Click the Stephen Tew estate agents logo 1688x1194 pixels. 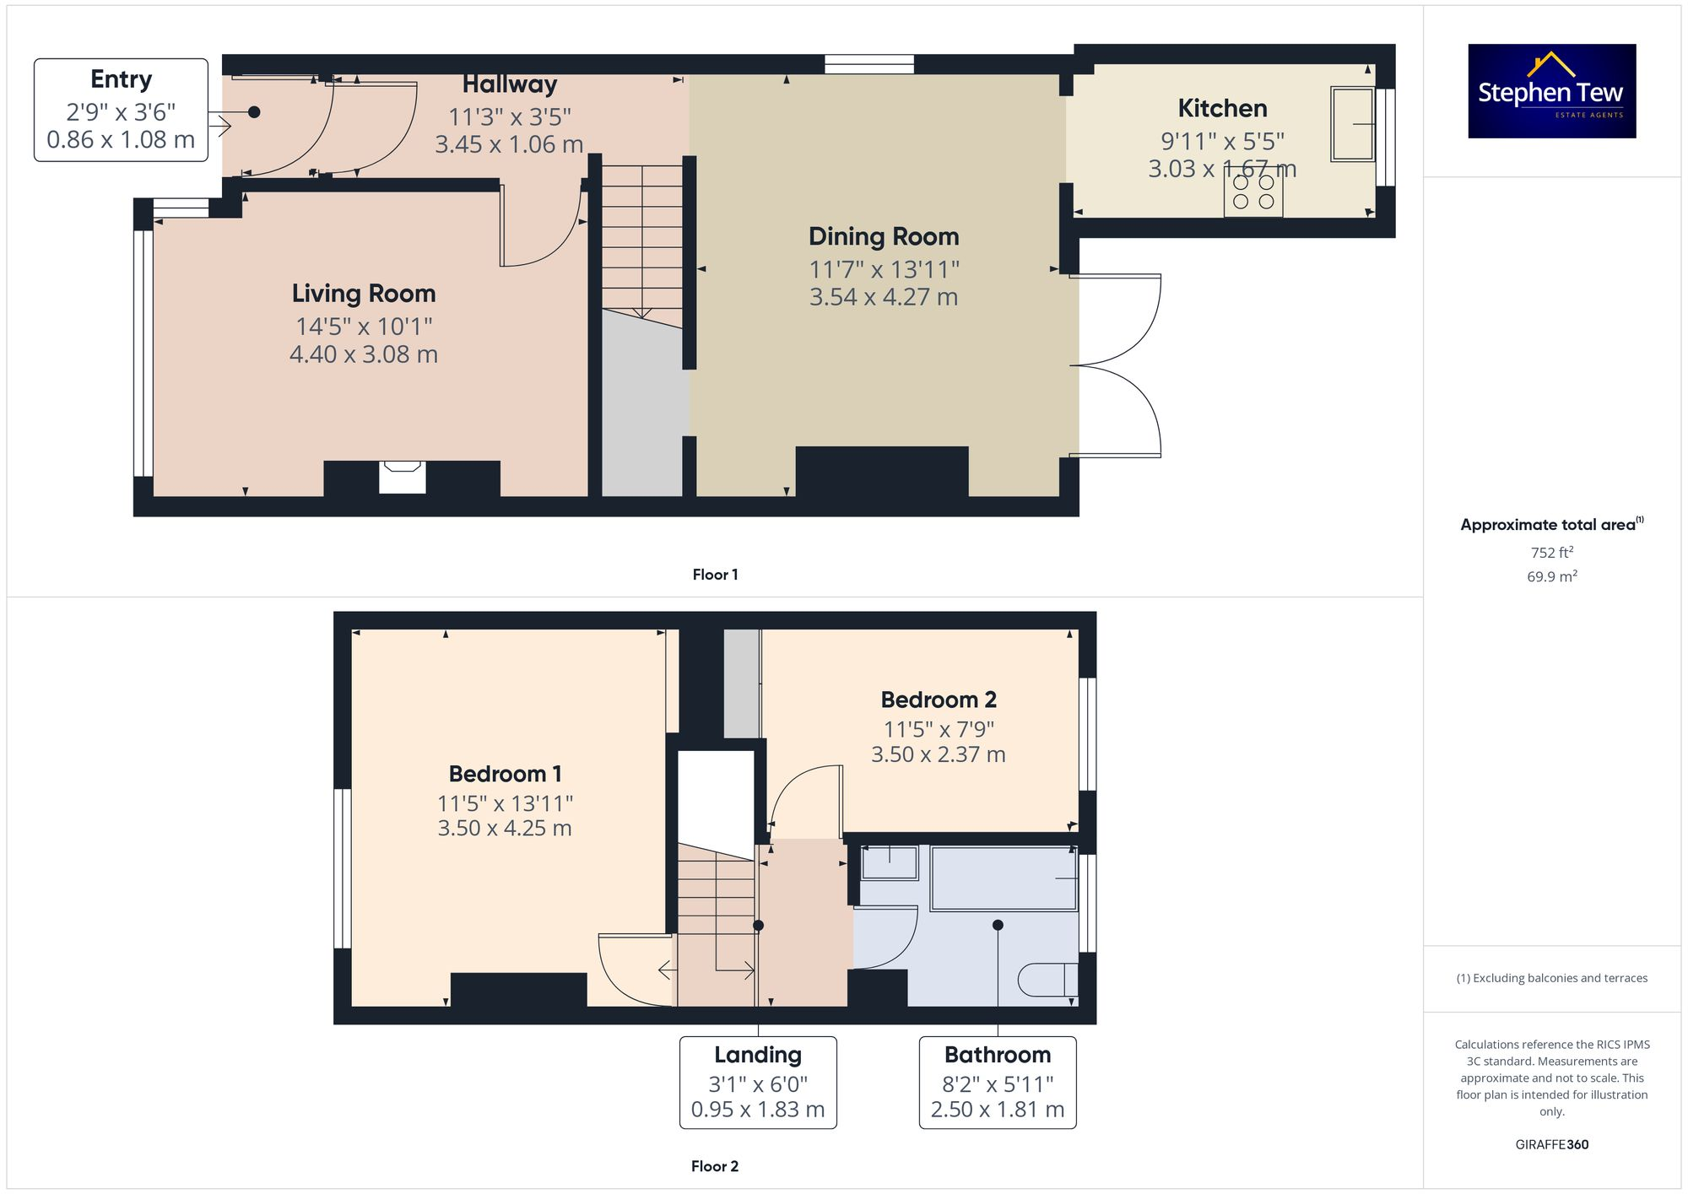[x=1551, y=91]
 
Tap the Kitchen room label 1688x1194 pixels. [x=1222, y=109]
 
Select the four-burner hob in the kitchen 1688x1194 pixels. [x=1253, y=192]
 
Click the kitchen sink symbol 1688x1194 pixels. [x=1351, y=123]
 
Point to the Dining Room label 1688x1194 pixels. [x=884, y=237]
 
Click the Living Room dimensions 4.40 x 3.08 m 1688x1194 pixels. [x=364, y=354]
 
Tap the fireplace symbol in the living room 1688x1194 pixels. [x=403, y=476]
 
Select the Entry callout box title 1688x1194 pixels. [x=121, y=79]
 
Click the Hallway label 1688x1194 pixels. [x=510, y=84]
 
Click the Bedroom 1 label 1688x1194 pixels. [x=505, y=774]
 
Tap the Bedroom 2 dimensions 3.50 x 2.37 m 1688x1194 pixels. [x=938, y=754]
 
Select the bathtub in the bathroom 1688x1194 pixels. [x=1004, y=878]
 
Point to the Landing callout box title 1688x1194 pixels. [x=758, y=1055]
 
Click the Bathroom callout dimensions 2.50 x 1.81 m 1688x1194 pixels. [x=998, y=1110]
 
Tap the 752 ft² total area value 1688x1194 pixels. [x=1551, y=553]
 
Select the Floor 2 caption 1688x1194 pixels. [x=715, y=1166]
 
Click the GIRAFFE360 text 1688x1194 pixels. [x=1551, y=1145]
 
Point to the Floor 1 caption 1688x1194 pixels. [x=715, y=575]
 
